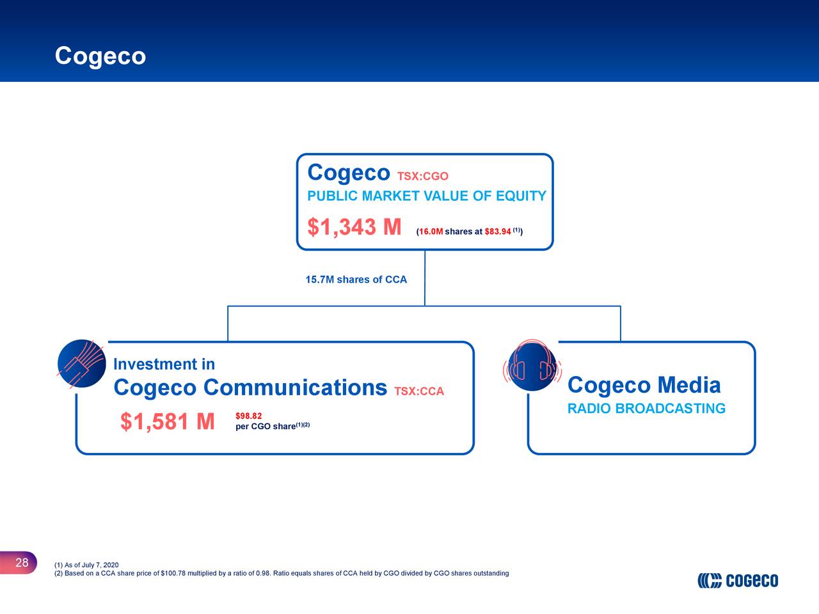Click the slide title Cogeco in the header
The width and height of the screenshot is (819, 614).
point(100,56)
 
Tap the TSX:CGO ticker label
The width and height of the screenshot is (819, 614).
point(422,177)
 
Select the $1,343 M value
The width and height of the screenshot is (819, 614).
point(354,227)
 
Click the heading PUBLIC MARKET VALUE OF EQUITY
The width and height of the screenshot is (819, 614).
point(427,196)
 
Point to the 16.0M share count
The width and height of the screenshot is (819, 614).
point(431,232)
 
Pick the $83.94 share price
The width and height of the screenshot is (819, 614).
point(497,232)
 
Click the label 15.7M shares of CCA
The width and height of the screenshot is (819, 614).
point(356,279)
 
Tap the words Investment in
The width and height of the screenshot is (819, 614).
point(164,365)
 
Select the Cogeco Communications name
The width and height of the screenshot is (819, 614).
point(250,388)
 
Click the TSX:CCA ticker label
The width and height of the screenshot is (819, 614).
point(419,391)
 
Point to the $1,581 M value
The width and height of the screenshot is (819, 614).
point(167,422)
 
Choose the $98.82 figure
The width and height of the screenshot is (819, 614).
point(248,416)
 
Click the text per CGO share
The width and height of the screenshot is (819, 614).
point(266,427)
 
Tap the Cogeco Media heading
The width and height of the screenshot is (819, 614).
point(644,385)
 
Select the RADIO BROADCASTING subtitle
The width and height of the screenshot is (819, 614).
point(646,409)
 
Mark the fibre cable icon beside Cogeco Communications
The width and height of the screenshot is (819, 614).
point(81,363)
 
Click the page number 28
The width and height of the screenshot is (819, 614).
point(22,563)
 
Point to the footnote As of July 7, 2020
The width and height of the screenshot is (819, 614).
point(86,565)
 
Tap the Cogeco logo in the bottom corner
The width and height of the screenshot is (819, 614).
point(738,580)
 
